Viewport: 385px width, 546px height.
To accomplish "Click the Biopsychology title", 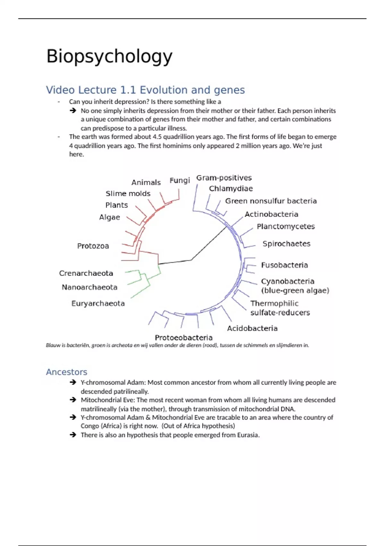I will pos(109,57).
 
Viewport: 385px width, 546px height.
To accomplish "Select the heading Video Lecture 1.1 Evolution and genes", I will pos(145,90).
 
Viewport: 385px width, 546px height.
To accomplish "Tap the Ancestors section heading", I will pos(66,372).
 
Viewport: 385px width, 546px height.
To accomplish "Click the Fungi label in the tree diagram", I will pos(180,181).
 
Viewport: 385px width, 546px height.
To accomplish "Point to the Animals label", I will pos(146,182).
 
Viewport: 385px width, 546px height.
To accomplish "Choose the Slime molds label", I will pos(128,194).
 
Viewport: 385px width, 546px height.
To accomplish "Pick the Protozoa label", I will pos(93,246).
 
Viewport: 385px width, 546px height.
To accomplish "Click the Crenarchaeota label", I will pos(86,273).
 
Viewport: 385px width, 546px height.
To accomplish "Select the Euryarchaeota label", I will pos(98,304).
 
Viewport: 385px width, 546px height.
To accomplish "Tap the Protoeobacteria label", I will pos(184,338).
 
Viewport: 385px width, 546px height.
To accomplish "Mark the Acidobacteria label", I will pos(252,328).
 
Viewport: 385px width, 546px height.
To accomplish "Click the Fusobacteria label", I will pos(284,265).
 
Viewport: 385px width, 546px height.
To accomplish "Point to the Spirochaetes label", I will pos(287,244).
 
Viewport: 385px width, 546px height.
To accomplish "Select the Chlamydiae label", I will pos(231,189).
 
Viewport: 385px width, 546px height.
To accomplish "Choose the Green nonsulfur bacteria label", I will pos(271,201).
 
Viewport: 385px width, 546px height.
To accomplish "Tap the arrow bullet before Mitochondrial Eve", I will pos(73,400).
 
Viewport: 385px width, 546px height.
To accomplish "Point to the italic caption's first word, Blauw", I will pos(53,345).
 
